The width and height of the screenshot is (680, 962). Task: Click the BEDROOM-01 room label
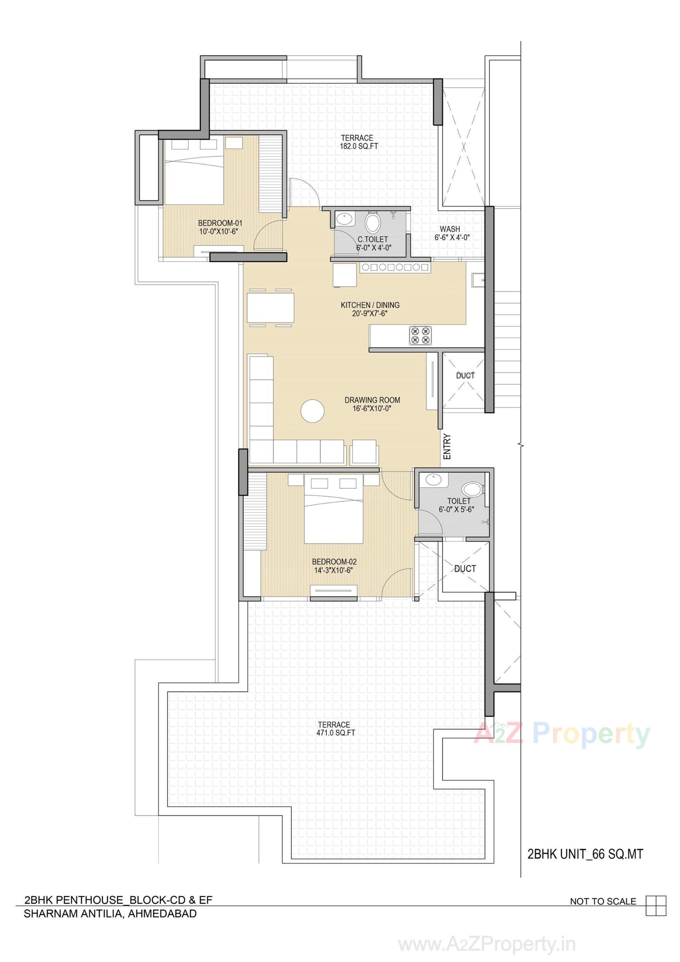tap(220, 223)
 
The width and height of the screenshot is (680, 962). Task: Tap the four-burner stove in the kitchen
tap(420, 335)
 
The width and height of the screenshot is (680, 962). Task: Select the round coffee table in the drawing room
tap(312, 411)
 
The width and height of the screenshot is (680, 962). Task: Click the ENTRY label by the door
tap(447, 446)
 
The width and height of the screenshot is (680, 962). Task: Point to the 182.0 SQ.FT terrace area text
tap(357, 146)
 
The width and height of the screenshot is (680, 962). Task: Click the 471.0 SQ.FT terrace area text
tap(334, 733)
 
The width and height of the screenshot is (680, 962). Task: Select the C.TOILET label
tap(373, 239)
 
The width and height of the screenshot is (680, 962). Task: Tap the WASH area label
tap(450, 229)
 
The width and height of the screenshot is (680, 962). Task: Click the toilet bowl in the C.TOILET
tap(372, 222)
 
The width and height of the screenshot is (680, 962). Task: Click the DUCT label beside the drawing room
tap(465, 375)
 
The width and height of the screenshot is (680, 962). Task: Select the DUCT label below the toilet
tap(465, 569)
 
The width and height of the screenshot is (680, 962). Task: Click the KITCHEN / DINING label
tap(370, 305)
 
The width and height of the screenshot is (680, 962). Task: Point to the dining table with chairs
tap(271, 307)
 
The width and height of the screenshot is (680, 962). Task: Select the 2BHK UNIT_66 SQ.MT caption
tap(585, 854)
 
